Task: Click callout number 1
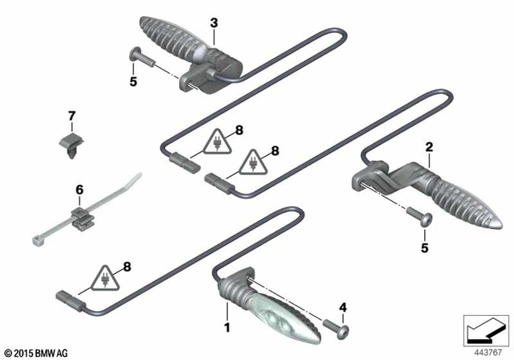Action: point(227,327)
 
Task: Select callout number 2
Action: point(430,147)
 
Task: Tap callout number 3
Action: point(214,22)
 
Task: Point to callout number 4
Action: point(343,306)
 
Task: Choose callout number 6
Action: point(79,190)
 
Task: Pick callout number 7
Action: point(71,117)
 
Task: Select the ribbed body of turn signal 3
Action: point(173,35)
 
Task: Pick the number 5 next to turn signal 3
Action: point(133,81)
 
